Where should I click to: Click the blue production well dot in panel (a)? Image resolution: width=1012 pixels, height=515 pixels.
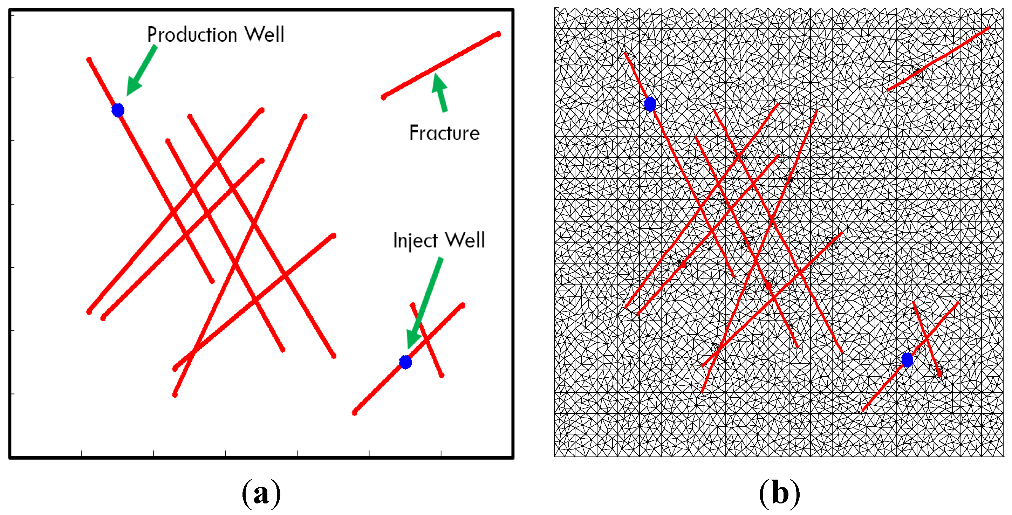118,110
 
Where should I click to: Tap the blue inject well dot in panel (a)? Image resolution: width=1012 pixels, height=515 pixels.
405,362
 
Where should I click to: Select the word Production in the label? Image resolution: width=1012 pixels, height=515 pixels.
192,35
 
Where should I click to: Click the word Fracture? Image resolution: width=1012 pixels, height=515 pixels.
444,133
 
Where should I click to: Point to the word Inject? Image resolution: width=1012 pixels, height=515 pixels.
415,240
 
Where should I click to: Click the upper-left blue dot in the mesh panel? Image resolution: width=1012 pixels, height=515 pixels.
650,104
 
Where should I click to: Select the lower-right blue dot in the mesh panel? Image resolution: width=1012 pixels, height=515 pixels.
907,360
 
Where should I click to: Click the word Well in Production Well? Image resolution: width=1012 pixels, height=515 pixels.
265,35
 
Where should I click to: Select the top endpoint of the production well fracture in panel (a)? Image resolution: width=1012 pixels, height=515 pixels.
89,60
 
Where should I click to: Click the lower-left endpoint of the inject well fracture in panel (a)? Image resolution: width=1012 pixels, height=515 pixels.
355,412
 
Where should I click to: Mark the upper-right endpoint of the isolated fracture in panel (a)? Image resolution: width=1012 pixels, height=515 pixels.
498,34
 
